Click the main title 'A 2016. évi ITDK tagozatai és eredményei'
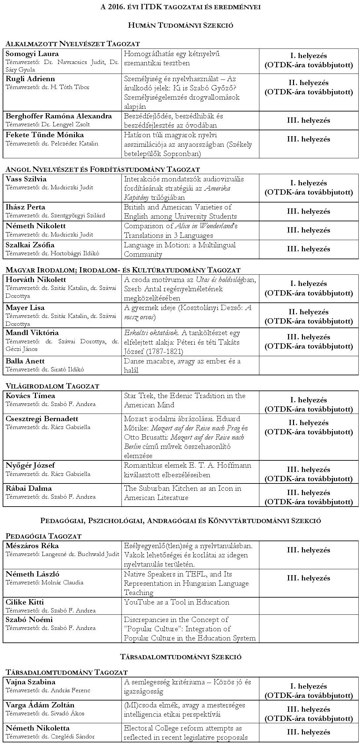180,7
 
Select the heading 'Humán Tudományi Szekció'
180,25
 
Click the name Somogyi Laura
32,54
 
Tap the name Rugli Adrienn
30,79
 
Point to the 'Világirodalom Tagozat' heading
52,386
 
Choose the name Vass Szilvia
26,179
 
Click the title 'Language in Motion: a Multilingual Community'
180,250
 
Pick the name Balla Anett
25,361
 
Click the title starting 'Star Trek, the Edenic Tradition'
184,400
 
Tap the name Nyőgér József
30,465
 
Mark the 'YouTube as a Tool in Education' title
177,602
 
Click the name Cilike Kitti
25,602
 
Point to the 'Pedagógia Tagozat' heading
44,536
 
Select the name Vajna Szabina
30,682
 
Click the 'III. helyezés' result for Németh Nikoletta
308,732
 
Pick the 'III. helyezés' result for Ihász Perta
308,211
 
